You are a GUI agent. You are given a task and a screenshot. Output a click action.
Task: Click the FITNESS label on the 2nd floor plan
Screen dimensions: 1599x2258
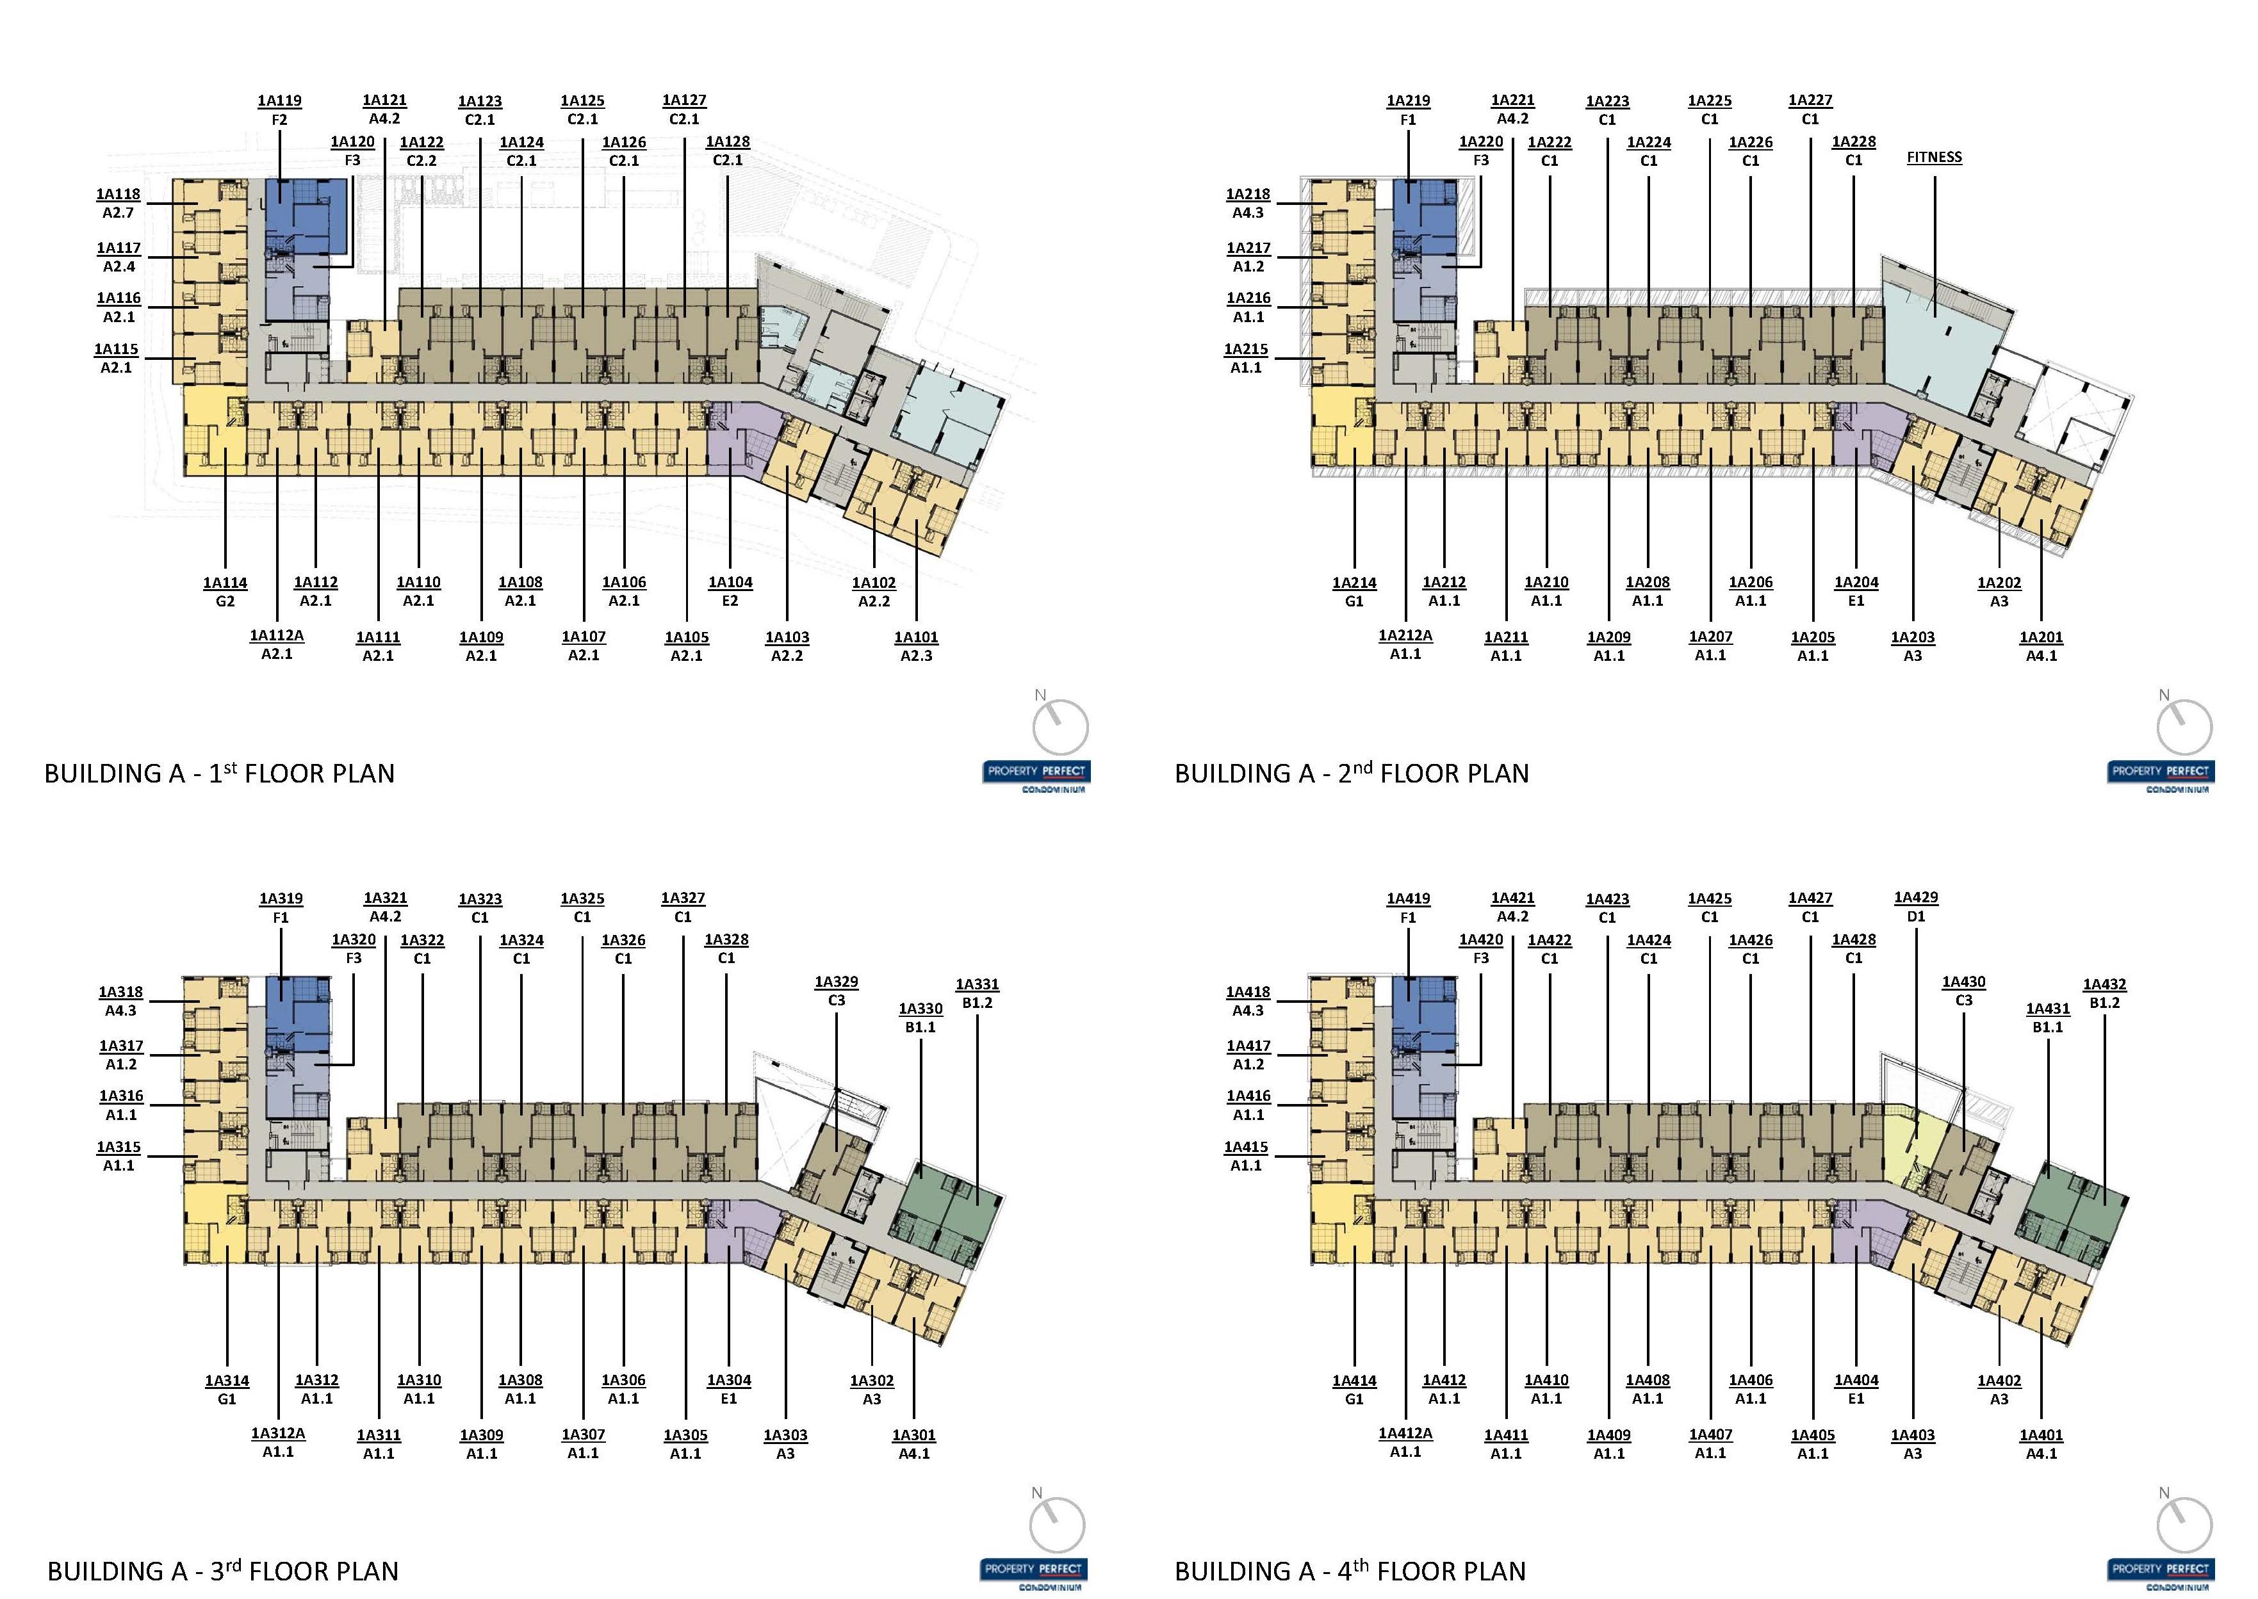click(1933, 158)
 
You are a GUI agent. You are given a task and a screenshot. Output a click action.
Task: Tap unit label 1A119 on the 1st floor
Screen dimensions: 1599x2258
click(280, 101)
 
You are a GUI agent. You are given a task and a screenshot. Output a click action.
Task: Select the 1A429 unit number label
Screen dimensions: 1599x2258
click(1915, 898)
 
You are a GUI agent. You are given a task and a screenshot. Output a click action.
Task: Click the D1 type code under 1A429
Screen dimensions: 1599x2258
click(1915, 916)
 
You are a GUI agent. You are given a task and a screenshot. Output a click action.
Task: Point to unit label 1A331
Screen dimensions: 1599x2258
click(977, 985)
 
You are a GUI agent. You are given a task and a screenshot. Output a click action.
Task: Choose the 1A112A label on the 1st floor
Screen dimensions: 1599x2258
click(277, 636)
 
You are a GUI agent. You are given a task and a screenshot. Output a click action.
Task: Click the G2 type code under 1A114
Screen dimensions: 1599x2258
click(225, 601)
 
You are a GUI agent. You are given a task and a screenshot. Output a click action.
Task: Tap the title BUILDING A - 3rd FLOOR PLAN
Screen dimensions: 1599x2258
click(222, 1570)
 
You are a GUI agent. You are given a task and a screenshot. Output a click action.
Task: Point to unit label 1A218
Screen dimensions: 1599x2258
click(1248, 195)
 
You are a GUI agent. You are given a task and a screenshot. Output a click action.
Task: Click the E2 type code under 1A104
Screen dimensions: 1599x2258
click(730, 601)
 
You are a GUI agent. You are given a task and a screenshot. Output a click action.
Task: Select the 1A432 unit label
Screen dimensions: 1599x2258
click(2104, 985)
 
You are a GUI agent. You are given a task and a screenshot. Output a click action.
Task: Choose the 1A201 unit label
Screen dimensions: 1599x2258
click(2040, 638)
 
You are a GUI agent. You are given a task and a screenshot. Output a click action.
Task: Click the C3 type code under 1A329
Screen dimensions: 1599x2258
click(836, 1000)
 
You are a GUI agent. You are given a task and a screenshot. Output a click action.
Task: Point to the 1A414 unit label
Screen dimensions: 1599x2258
click(1354, 1381)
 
